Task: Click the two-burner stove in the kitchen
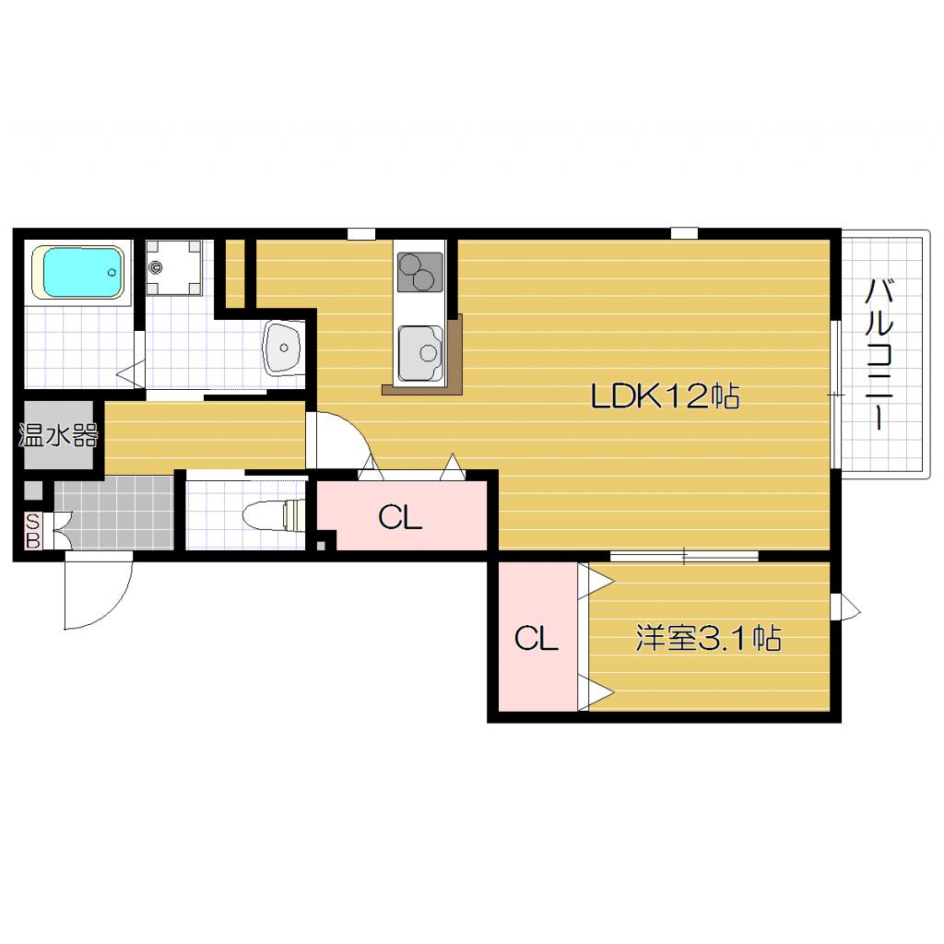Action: pyautogui.click(x=419, y=273)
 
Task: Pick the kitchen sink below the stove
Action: pyautogui.click(x=420, y=353)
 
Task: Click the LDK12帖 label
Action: pyautogui.click(x=666, y=396)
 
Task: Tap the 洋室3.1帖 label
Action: pyautogui.click(x=709, y=638)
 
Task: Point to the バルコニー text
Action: pyautogui.click(x=879, y=355)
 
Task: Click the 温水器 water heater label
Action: pyautogui.click(x=58, y=435)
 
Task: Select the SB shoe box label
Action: pyautogui.click(x=32, y=530)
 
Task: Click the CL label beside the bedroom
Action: pyautogui.click(x=536, y=638)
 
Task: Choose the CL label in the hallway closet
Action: pyautogui.click(x=400, y=516)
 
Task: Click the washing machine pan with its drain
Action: pyautogui.click(x=174, y=267)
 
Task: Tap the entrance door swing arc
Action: pyautogui.click(x=114, y=609)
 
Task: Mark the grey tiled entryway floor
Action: pyautogui.click(x=114, y=513)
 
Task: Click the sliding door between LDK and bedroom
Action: pyautogui.click(x=684, y=556)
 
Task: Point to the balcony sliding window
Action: pyautogui.click(x=835, y=395)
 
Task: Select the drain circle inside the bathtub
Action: pyautogui.click(x=112, y=272)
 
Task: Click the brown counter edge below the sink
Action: pyautogui.click(x=421, y=390)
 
